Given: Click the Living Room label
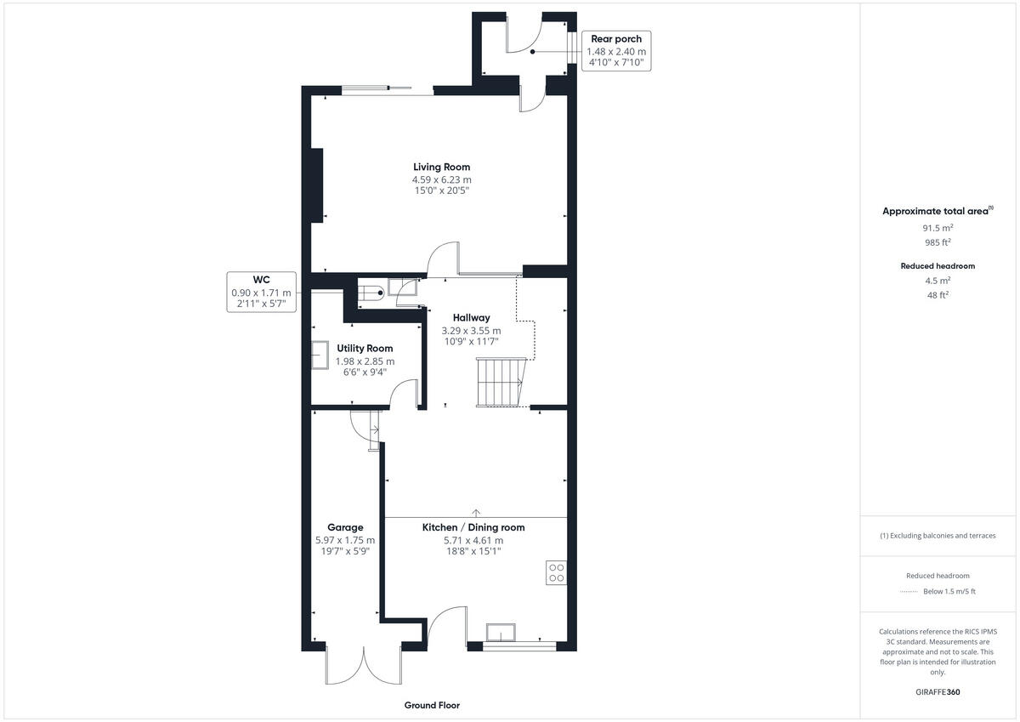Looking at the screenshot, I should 441,167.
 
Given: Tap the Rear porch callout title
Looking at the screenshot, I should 616,39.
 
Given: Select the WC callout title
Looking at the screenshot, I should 261,279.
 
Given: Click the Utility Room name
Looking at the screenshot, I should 365,348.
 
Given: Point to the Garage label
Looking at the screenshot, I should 345,527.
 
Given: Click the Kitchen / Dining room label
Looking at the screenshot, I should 473,527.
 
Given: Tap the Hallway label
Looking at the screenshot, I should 471,318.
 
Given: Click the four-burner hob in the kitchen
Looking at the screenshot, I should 557,572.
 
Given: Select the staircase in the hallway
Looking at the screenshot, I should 499,383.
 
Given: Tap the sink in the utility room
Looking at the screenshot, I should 321,355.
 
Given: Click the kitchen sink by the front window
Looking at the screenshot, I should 501,632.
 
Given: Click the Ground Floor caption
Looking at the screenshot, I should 432,705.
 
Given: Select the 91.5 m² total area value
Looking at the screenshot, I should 938,228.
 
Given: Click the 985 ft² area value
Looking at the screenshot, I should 938,242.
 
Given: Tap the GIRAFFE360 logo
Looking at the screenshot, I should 938,692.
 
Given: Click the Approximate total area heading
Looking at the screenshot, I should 937,211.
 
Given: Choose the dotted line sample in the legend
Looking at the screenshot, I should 909,591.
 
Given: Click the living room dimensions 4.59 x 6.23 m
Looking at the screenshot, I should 441,180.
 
